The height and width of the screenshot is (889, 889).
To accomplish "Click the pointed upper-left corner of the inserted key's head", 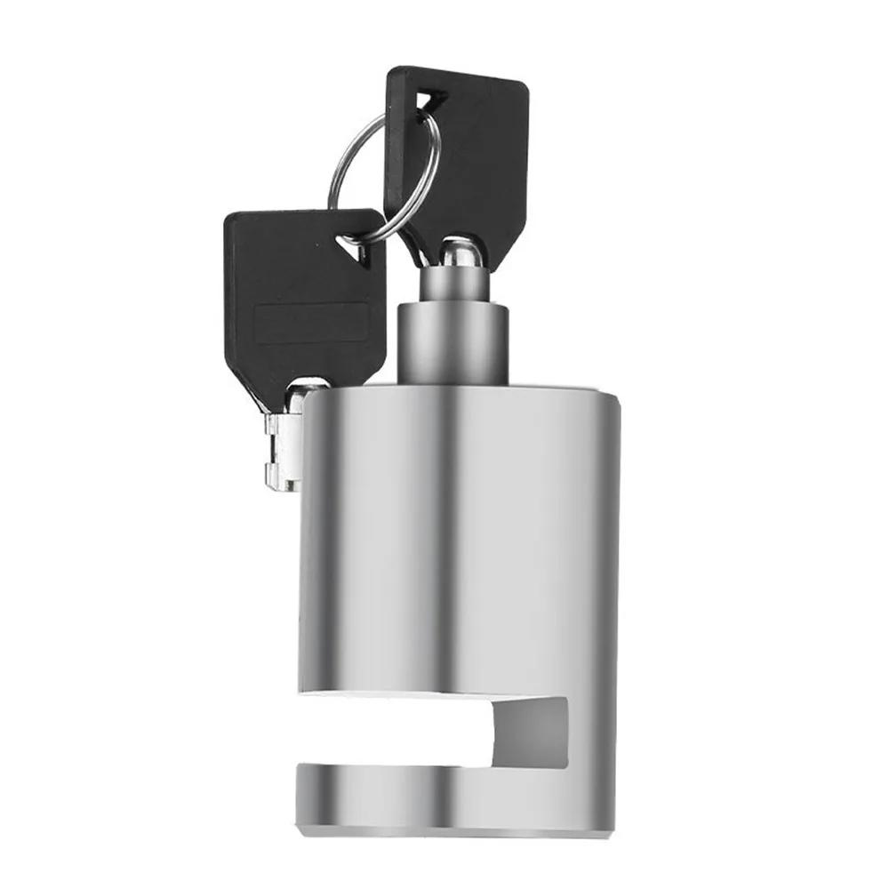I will tap(391, 71).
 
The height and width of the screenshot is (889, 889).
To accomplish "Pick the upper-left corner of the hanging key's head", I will tap(229, 217).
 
